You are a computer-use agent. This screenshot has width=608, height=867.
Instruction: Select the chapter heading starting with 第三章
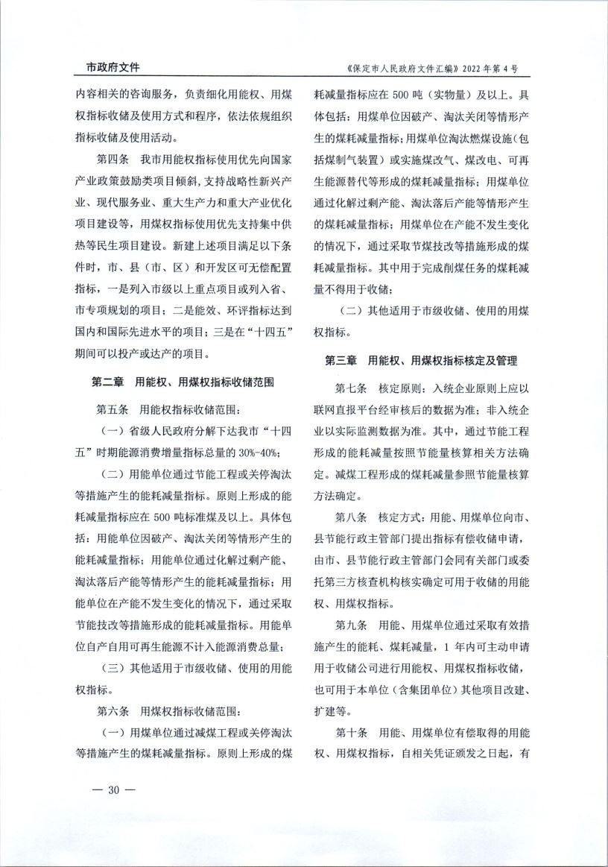pos(421,360)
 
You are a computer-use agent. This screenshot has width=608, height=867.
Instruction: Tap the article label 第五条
pos(113,409)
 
